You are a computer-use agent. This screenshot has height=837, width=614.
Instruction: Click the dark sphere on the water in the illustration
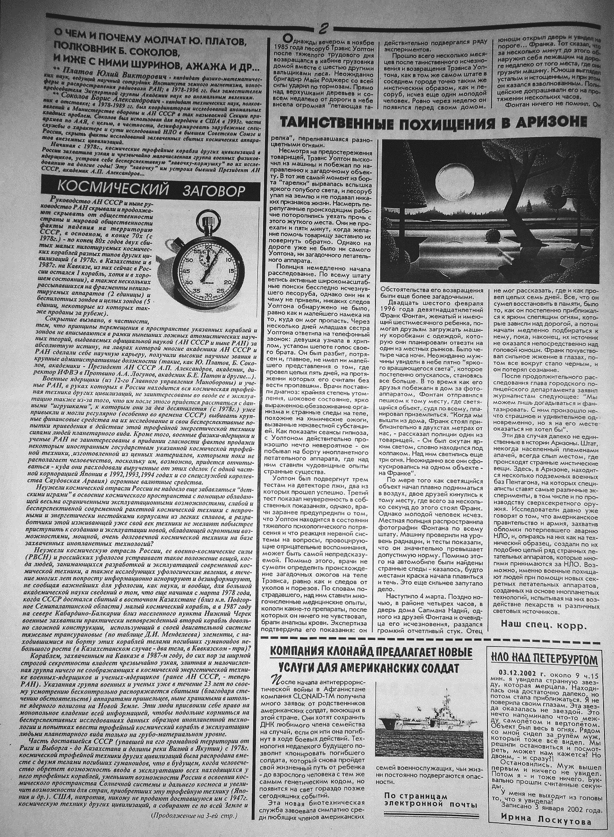point(495,234)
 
